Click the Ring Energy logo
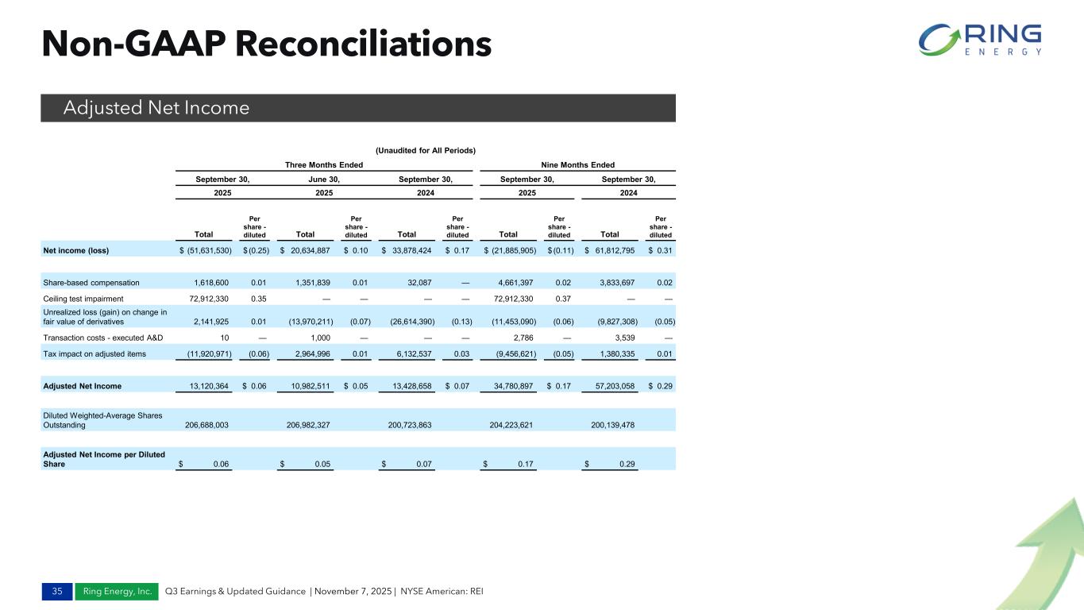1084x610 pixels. (x=980, y=40)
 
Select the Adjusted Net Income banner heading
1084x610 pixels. (x=156, y=108)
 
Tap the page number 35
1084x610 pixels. (x=56, y=592)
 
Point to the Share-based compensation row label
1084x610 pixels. (x=91, y=282)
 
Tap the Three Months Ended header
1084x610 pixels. (x=324, y=165)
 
